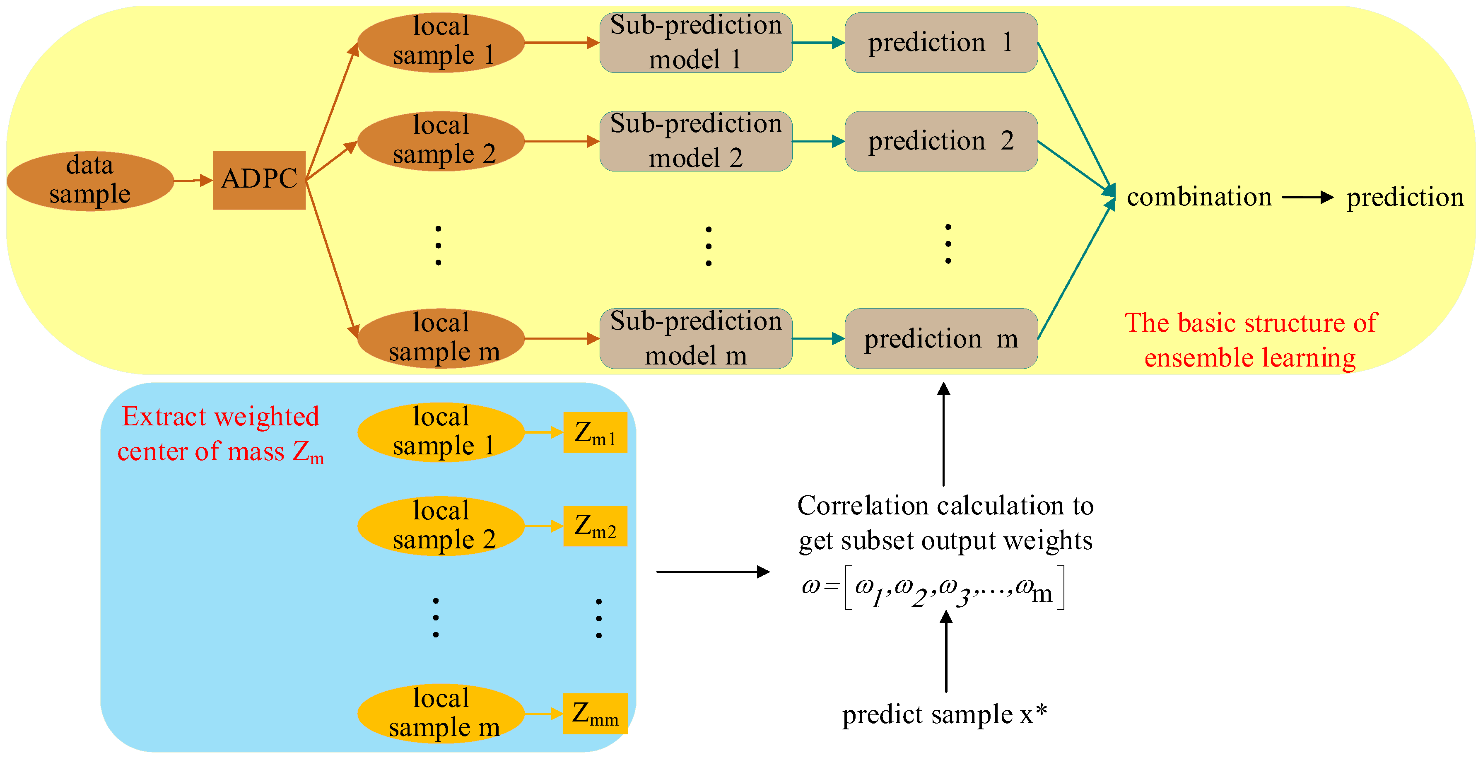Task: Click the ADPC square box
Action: click(259, 180)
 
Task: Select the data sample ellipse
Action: click(90, 181)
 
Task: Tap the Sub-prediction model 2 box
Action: click(695, 141)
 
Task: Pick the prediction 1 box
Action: click(940, 43)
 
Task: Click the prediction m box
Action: click(940, 338)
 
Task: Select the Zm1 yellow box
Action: click(595, 432)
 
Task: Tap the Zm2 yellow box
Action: click(595, 526)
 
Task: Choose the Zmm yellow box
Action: click(595, 714)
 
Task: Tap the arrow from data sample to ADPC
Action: click(193, 181)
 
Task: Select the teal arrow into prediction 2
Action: click(817, 142)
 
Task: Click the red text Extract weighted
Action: click(220, 417)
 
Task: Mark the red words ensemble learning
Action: click(1249, 358)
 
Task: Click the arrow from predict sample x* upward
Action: click(946, 651)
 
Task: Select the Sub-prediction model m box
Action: click(695, 338)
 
